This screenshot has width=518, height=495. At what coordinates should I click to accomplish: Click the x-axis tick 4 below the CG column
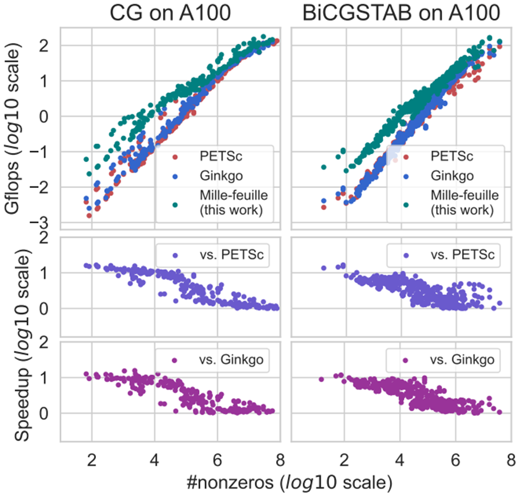point(155,460)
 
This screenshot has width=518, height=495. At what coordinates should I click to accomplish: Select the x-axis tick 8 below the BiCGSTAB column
point(510,460)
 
